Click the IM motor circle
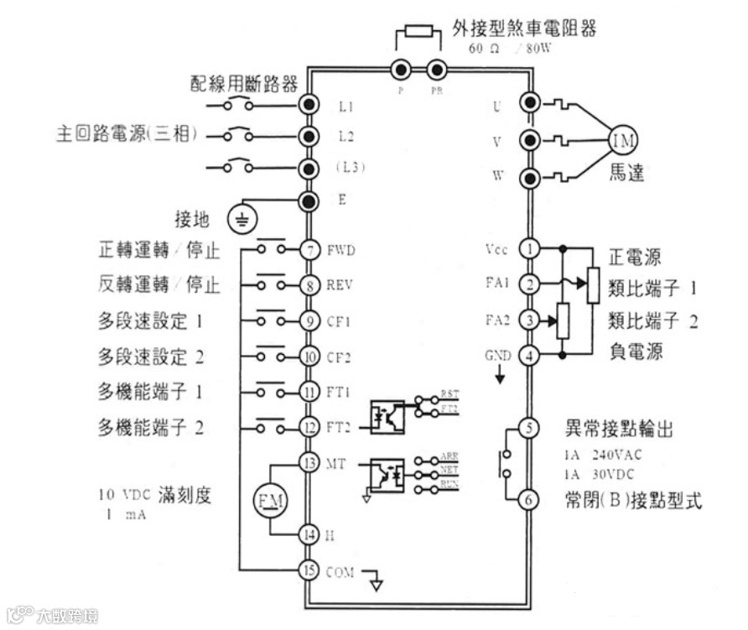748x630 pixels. [x=623, y=139]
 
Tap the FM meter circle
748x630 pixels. [x=271, y=501]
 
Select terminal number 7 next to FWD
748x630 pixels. [x=309, y=249]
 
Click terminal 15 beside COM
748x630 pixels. [x=309, y=570]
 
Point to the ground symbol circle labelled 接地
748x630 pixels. [x=242, y=220]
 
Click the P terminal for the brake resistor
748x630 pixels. [x=401, y=70]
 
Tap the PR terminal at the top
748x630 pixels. [x=436, y=70]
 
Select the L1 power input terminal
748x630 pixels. [x=309, y=105]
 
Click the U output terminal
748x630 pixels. [x=530, y=102]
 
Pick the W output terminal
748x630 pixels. [x=530, y=177]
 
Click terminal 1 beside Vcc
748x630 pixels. [x=529, y=249]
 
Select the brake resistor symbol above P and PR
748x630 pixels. [x=418, y=33]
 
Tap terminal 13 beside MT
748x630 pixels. [x=309, y=463]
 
